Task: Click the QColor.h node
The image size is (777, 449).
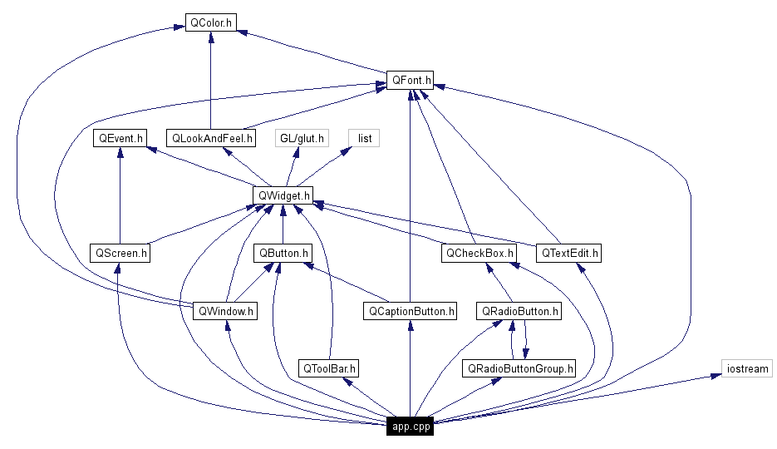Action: (210, 22)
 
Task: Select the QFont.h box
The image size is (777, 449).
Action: (410, 81)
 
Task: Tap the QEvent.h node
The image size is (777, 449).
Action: (120, 138)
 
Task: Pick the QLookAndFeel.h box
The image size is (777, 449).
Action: (211, 138)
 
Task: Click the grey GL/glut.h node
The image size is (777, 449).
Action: (302, 138)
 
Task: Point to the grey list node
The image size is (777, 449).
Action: (363, 138)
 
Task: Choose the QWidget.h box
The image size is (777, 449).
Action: (283, 195)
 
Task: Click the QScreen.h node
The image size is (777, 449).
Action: (120, 253)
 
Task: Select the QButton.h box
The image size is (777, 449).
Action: (283, 253)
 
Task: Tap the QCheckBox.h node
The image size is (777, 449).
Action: (479, 253)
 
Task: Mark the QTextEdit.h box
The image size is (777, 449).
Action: (569, 253)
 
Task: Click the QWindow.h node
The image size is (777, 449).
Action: (224, 311)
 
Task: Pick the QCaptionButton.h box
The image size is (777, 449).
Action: (410, 311)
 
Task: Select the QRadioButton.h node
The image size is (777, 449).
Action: (519, 311)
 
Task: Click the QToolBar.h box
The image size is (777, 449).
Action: (329, 368)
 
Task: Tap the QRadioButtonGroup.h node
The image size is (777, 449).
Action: (519, 368)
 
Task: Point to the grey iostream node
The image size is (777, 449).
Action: (747, 368)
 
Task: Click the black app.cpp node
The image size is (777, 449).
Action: (410, 427)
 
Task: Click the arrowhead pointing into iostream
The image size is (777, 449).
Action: (716, 376)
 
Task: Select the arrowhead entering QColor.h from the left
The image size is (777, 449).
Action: (179, 27)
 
